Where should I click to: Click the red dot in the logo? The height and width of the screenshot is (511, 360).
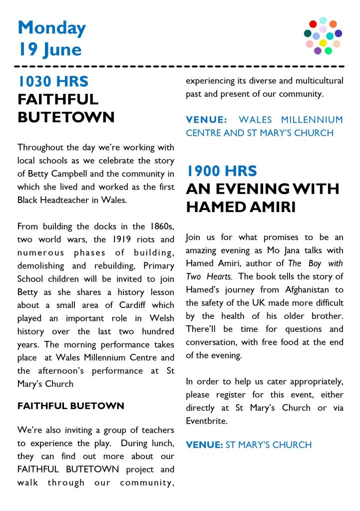click(x=313, y=24)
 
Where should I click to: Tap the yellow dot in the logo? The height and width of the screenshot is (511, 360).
click(x=323, y=43)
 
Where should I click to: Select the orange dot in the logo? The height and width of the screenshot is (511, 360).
click(x=333, y=24)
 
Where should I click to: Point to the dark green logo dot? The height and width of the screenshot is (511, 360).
click(x=308, y=33)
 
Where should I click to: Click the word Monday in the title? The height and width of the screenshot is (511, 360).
click(x=51, y=28)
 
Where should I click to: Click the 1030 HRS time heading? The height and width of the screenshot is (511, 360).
click(x=53, y=81)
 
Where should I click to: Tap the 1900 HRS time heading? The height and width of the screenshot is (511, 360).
click(x=222, y=172)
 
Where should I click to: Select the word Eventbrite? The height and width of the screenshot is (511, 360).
click(x=206, y=421)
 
